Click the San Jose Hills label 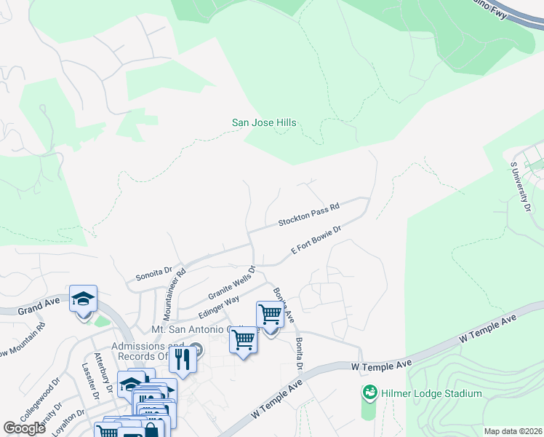coord(264,122)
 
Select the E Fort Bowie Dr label coord(316,240)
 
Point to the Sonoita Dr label coord(153,274)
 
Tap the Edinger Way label coord(219,306)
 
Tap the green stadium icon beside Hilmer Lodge coord(370,393)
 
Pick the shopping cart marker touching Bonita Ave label coord(271,315)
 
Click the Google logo coord(25,428)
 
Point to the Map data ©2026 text coord(512,431)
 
